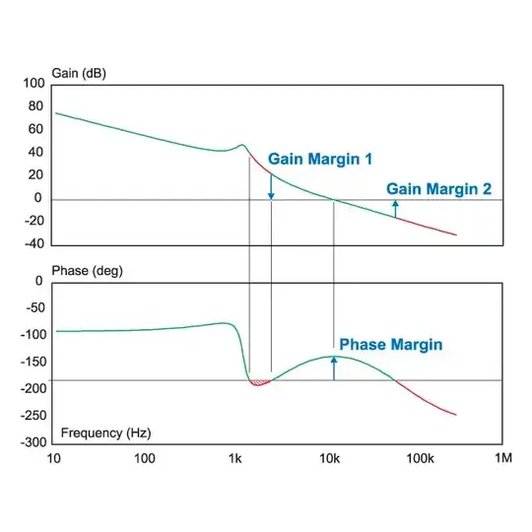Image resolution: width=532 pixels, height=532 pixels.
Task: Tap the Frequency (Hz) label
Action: (x=106, y=432)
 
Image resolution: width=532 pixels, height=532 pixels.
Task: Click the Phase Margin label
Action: (x=391, y=345)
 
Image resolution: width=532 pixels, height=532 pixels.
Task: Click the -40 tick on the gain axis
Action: (x=31, y=244)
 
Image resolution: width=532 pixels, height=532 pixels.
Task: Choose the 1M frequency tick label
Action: (x=502, y=459)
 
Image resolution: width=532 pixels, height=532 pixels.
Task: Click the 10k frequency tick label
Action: (x=329, y=459)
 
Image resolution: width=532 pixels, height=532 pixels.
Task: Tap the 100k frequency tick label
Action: (x=421, y=459)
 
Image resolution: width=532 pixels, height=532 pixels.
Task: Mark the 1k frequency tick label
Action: (x=235, y=459)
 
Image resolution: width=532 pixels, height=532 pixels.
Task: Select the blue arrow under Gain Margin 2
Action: (x=395, y=207)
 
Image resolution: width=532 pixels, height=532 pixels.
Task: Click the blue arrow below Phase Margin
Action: (x=334, y=367)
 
